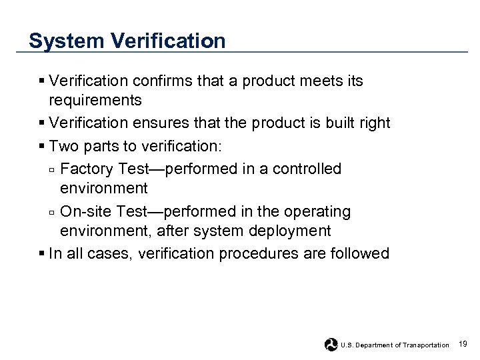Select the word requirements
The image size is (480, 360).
(x=95, y=101)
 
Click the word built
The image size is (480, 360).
(x=338, y=123)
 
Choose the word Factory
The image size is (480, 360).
(x=87, y=169)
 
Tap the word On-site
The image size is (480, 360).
(x=86, y=212)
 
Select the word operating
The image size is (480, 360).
(x=315, y=212)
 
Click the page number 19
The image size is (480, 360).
(x=463, y=344)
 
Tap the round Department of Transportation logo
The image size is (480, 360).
(x=331, y=345)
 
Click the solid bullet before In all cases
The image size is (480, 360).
(x=42, y=254)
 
